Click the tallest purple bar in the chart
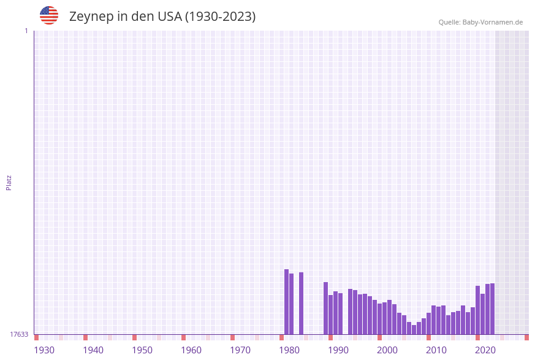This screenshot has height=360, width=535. click(x=286, y=302)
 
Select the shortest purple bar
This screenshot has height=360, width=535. click(x=414, y=329)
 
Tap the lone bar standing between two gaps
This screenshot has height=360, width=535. click(x=301, y=303)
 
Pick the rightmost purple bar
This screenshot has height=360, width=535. click(x=492, y=308)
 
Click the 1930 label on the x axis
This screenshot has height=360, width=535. click(x=44, y=350)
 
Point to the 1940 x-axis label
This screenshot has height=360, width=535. click(x=93, y=350)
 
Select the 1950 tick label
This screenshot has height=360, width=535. click(x=142, y=350)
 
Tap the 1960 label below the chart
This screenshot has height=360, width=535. click(x=191, y=350)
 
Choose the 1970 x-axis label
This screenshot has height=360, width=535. click(x=240, y=350)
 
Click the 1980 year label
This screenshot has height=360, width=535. click(x=289, y=350)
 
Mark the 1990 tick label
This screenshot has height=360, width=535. click(x=338, y=350)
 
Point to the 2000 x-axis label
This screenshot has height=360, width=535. click(x=387, y=350)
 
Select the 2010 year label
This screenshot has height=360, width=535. click(x=436, y=350)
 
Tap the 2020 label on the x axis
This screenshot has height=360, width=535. click(x=485, y=350)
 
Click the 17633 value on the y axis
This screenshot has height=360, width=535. click(x=19, y=334)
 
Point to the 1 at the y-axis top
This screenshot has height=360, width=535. click(x=26, y=31)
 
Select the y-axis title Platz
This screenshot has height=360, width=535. click(x=9, y=182)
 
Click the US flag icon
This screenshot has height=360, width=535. click(x=49, y=15)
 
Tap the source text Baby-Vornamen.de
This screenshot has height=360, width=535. click(x=493, y=22)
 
